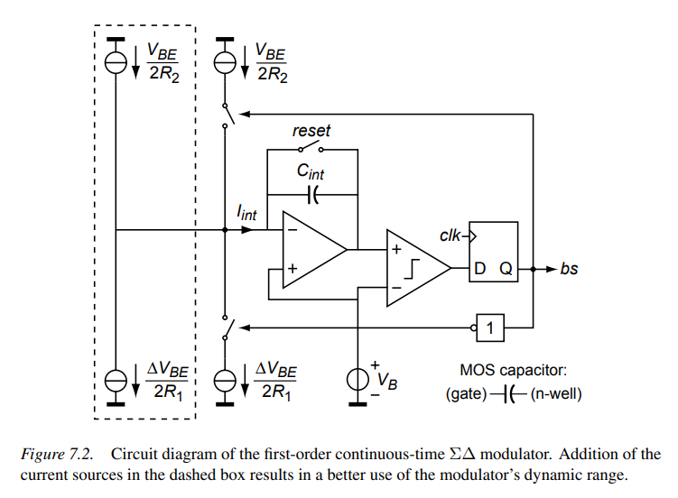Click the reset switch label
pos(311,131)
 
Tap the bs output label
pos(569,269)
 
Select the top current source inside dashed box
pos(117,60)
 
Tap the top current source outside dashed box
pos(225,60)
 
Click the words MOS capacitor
pos(515,369)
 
